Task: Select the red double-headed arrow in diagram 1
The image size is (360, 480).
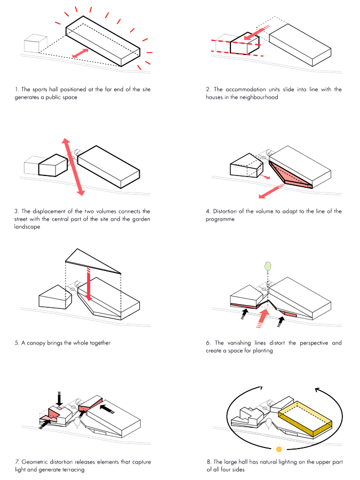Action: pyautogui.click(x=81, y=53)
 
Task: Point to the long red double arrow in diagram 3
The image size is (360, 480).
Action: pyautogui.click(x=73, y=166)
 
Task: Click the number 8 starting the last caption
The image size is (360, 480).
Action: pyautogui.click(x=207, y=461)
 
